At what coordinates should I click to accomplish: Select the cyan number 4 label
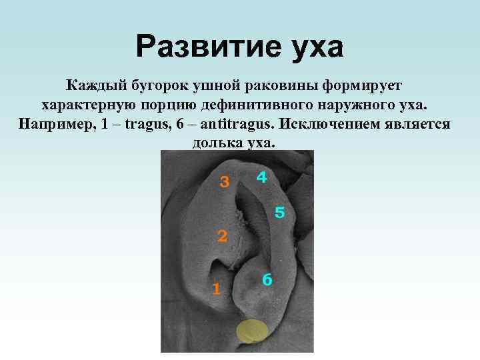pos(262,177)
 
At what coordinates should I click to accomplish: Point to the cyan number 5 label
pos(280,213)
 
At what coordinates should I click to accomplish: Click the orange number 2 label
pos(223,235)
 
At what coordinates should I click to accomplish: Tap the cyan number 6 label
pos(267,280)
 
